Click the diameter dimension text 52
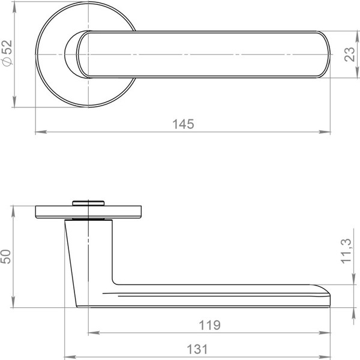click(7, 49)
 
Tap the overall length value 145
click(183, 124)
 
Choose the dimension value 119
click(209, 325)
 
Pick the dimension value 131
click(198, 349)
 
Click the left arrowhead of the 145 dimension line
click(38, 132)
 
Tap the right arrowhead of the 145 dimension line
click(328, 132)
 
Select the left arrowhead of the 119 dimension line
click(91, 333)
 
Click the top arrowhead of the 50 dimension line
click(14, 208)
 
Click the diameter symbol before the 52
click(7, 62)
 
